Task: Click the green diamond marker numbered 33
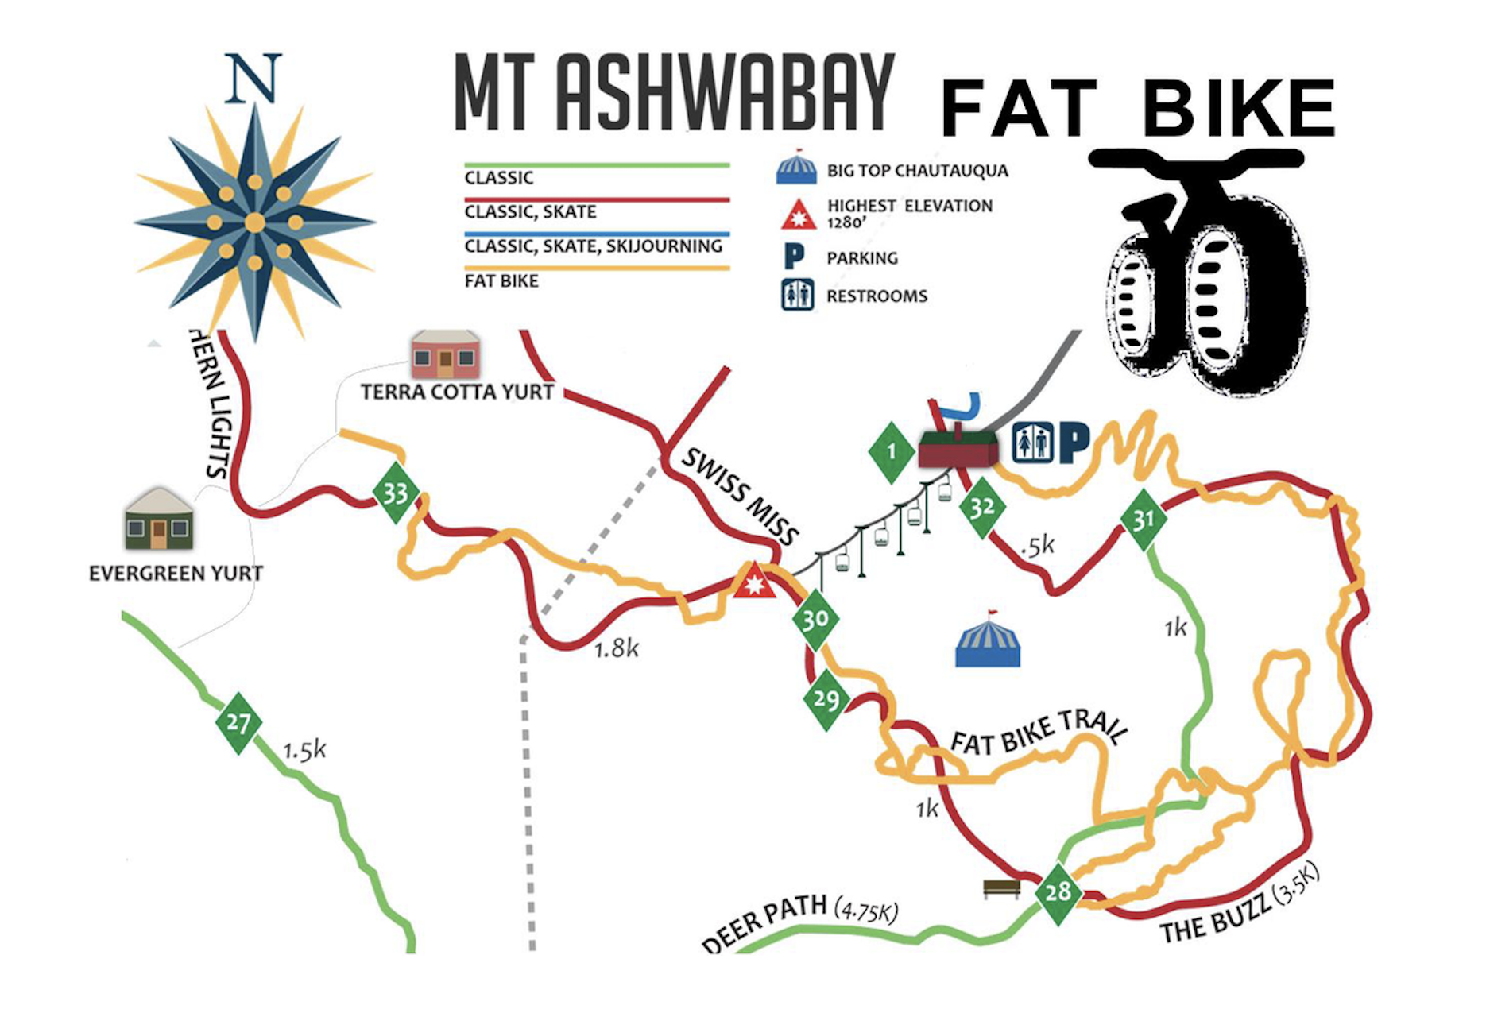[x=396, y=493]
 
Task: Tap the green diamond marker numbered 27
[x=238, y=723]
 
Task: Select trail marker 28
[x=1058, y=892]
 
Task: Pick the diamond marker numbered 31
[x=1144, y=520]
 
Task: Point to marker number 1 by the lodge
[x=892, y=452]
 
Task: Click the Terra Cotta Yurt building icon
[x=445, y=355]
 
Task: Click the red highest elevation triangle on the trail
[x=753, y=582]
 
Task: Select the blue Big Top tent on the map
[x=988, y=641]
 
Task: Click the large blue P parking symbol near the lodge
[x=1074, y=443]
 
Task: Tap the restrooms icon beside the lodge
[x=1032, y=443]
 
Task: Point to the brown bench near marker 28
[x=1001, y=887]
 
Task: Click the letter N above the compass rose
[x=253, y=79]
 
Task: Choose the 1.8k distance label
[x=617, y=649]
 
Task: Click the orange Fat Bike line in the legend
[x=596, y=268]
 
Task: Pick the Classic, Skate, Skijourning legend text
[x=593, y=246]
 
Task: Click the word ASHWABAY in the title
[x=725, y=93]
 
